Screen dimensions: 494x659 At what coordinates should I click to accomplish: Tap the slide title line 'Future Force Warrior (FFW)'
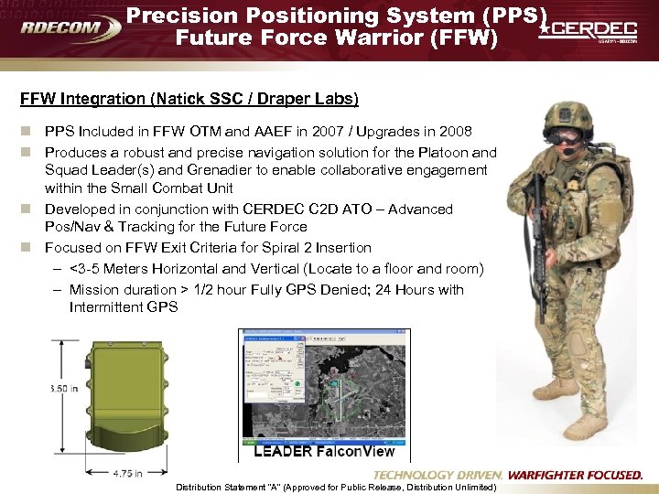click(337, 38)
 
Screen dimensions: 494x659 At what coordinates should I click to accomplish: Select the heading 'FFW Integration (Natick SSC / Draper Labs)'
click(190, 98)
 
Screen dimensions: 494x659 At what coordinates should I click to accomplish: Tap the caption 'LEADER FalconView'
click(324, 451)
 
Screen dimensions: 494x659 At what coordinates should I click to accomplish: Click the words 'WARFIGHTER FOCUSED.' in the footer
click(575, 475)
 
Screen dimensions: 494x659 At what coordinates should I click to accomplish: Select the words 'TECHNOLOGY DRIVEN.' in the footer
click(438, 475)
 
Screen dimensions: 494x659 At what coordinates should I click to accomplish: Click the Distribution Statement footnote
click(349, 488)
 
